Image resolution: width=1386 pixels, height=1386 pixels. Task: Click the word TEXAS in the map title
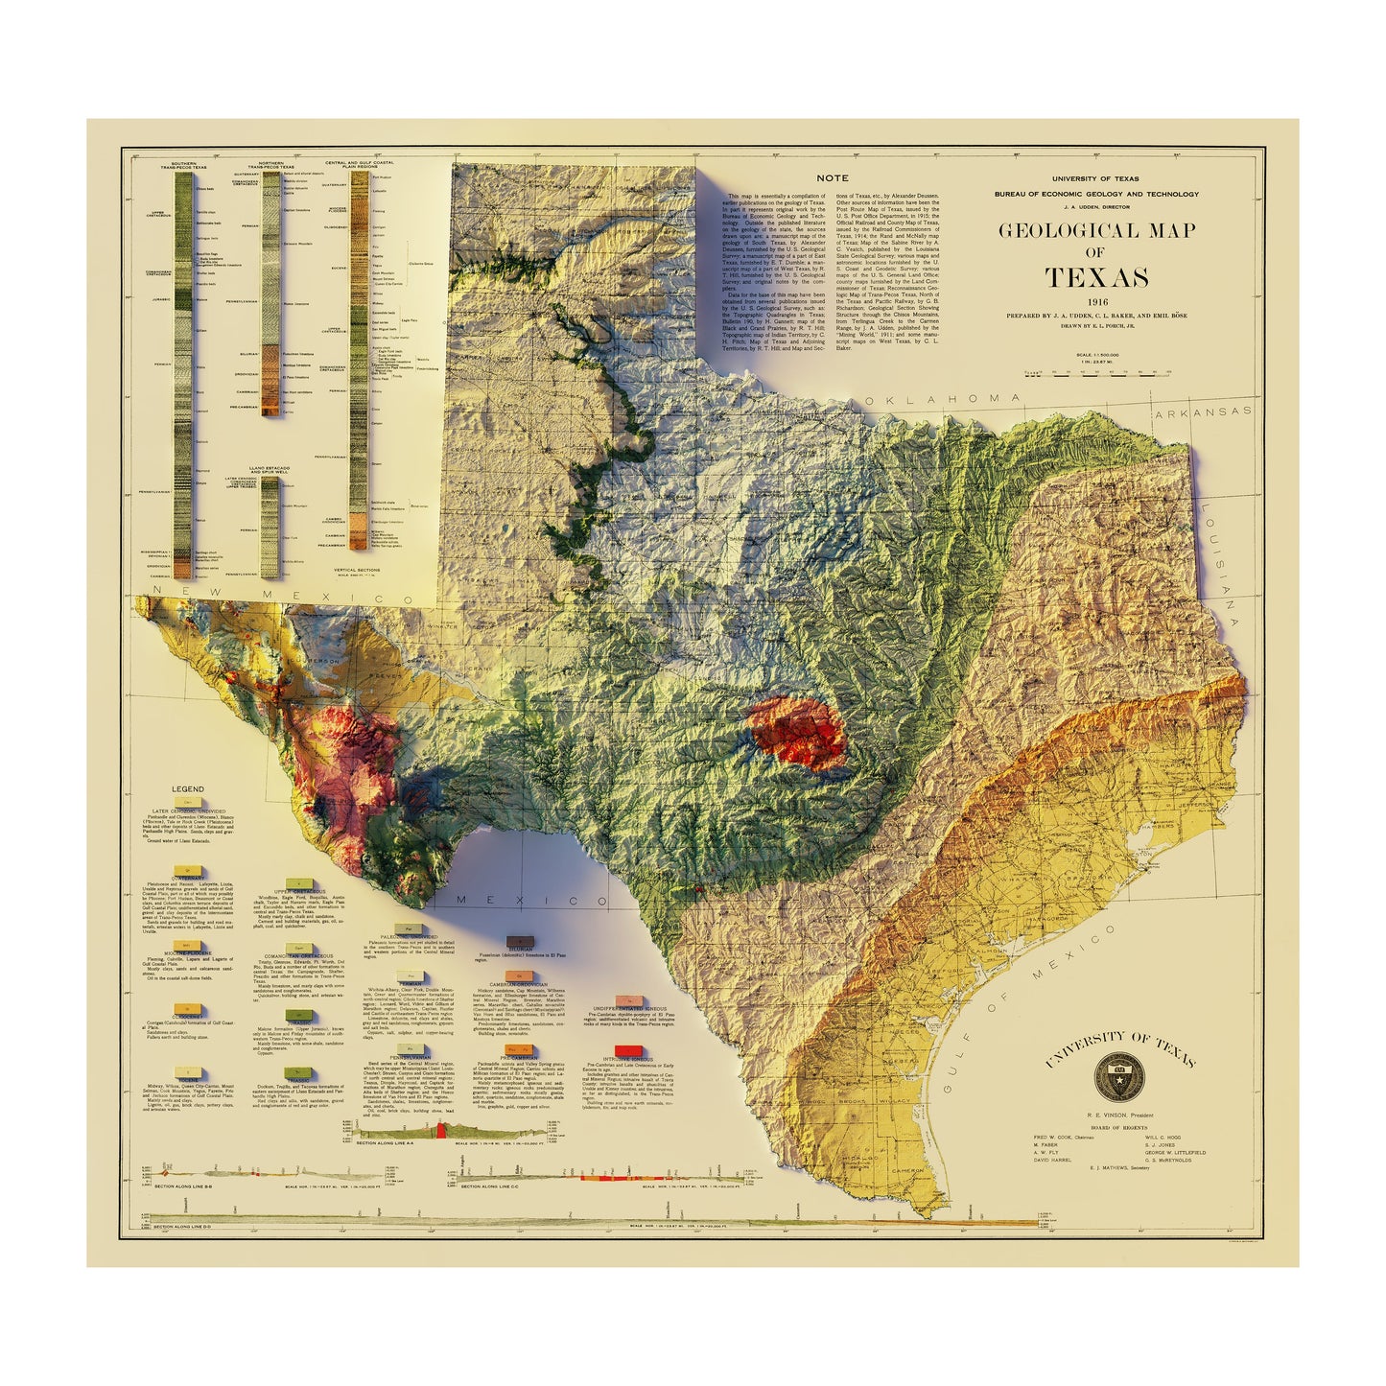1096,278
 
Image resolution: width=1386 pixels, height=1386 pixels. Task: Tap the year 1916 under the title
1096,303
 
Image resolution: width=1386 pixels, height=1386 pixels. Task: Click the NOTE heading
832,178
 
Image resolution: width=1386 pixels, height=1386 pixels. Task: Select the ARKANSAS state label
1203,411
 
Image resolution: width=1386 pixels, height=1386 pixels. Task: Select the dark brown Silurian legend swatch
519,942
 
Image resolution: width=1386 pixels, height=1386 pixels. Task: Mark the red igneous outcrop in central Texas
794,734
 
